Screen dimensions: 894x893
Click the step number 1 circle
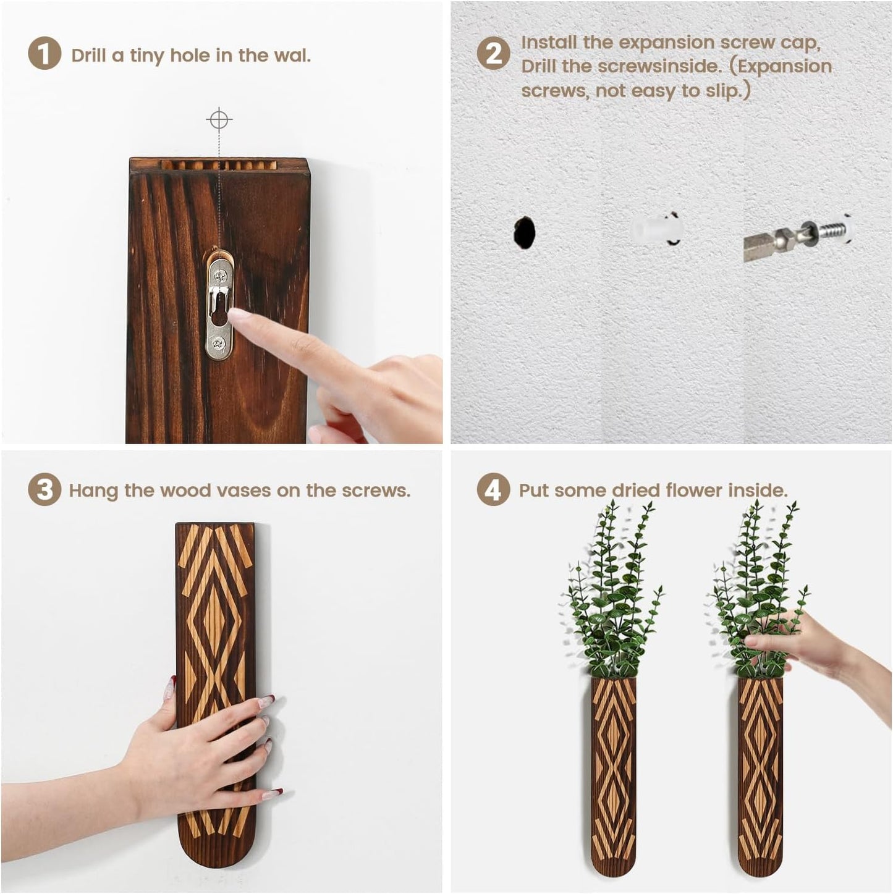[x=44, y=54]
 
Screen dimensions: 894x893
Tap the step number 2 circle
[x=493, y=54]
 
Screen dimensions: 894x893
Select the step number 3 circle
[x=44, y=490]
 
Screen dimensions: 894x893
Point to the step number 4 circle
[x=493, y=490]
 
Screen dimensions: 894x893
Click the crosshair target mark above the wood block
[x=219, y=119]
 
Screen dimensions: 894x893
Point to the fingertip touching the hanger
[x=236, y=316]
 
